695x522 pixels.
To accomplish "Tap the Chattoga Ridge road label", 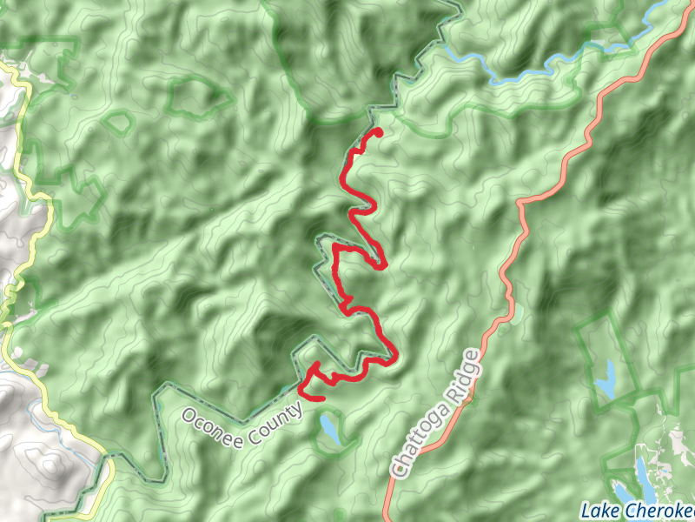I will click(x=435, y=412).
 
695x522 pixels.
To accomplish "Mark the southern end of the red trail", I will click(x=322, y=398).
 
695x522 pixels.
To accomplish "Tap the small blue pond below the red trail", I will click(x=330, y=428).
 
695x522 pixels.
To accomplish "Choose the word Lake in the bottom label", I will click(x=599, y=511).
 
